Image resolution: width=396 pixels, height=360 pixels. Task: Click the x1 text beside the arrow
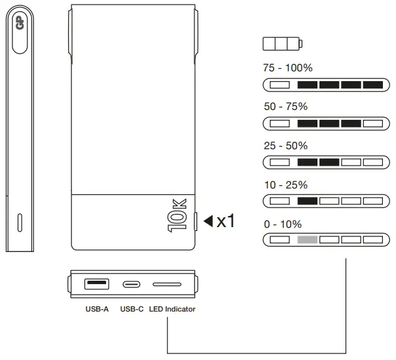point(226,221)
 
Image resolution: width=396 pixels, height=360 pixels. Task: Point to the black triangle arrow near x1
point(208,221)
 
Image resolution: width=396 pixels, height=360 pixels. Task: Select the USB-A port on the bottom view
point(96,283)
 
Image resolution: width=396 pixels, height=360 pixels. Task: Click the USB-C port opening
point(131,284)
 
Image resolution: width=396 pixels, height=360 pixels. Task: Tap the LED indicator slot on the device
point(167,284)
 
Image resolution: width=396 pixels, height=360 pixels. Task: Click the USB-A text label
point(97,308)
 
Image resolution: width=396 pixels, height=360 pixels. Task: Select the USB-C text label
point(132,308)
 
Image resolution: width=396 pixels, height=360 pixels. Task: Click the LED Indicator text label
point(171,308)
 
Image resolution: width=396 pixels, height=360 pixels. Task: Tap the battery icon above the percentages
point(283,45)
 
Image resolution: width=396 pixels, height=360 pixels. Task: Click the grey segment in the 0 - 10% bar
point(307,240)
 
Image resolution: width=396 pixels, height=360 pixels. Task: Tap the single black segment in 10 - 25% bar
point(307,201)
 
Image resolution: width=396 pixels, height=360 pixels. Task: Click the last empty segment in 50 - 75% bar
point(372,123)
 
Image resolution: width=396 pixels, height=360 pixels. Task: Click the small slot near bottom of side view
point(19,223)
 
